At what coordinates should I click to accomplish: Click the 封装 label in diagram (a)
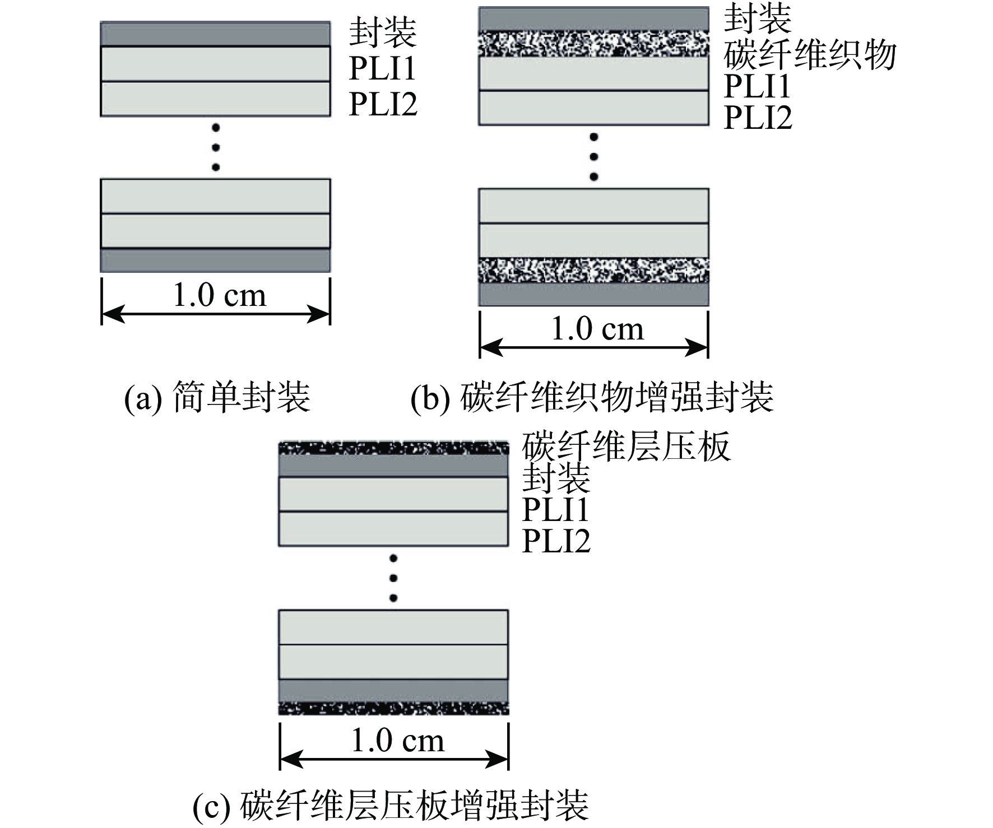click(x=383, y=32)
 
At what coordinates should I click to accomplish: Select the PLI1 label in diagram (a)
click(x=383, y=69)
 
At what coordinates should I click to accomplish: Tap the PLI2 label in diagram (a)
click(x=383, y=104)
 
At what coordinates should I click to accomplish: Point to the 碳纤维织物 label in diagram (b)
click(x=810, y=55)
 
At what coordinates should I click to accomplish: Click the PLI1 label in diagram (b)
click(x=757, y=86)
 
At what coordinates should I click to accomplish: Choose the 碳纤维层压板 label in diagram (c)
click(x=626, y=446)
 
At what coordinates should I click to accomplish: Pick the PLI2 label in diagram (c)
click(x=556, y=541)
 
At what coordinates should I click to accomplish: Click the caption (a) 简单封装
click(x=217, y=397)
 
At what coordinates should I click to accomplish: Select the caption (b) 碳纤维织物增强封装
click(x=592, y=397)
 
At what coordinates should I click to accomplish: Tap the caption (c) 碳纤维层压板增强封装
click(x=391, y=805)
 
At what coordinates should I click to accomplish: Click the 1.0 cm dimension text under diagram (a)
click(x=219, y=295)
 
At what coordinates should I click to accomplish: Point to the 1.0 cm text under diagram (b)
click(x=597, y=329)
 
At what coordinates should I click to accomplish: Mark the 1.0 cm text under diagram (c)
click(x=397, y=741)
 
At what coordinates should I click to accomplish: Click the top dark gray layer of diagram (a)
click(x=215, y=34)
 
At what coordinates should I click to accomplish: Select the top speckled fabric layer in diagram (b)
click(x=593, y=45)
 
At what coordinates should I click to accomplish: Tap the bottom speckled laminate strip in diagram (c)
click(x=393, y=708)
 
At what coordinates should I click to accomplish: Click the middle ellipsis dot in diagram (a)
click(x=216, y=147)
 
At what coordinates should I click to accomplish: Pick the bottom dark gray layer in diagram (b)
click(x=593, y=294)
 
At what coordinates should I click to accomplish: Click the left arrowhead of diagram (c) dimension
click(x=287, y=759)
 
